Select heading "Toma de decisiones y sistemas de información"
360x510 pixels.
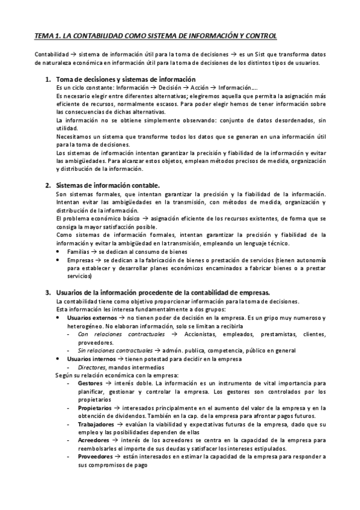126,80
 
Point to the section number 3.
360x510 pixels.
47,292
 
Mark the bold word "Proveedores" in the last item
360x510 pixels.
96,456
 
